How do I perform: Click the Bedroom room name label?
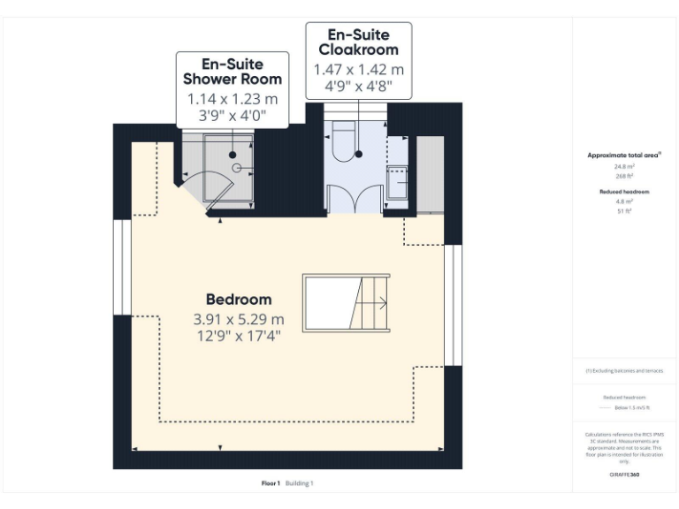[x=239, y=300]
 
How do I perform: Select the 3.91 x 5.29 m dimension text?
[x=239, y=319]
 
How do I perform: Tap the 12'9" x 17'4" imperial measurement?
[x=239, y=336]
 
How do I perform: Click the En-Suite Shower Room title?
[x=233, y=72]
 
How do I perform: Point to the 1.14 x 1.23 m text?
[x=233, y=99]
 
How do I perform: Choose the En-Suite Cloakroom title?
[x=358, y=42]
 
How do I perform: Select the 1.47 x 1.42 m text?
[x=358, y=69]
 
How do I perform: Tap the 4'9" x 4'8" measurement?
[x=358, y=87]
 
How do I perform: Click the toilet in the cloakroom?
[x=344, y=140]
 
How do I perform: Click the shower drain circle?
[x=237, y=167]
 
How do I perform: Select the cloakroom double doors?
[x=354, y=200]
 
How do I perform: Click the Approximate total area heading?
[x=623, y=155]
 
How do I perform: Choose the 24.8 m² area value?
[x=623, y=166]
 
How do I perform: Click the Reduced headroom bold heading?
[x=623, y=192]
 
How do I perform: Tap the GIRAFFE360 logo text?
[x=623, y=475]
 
